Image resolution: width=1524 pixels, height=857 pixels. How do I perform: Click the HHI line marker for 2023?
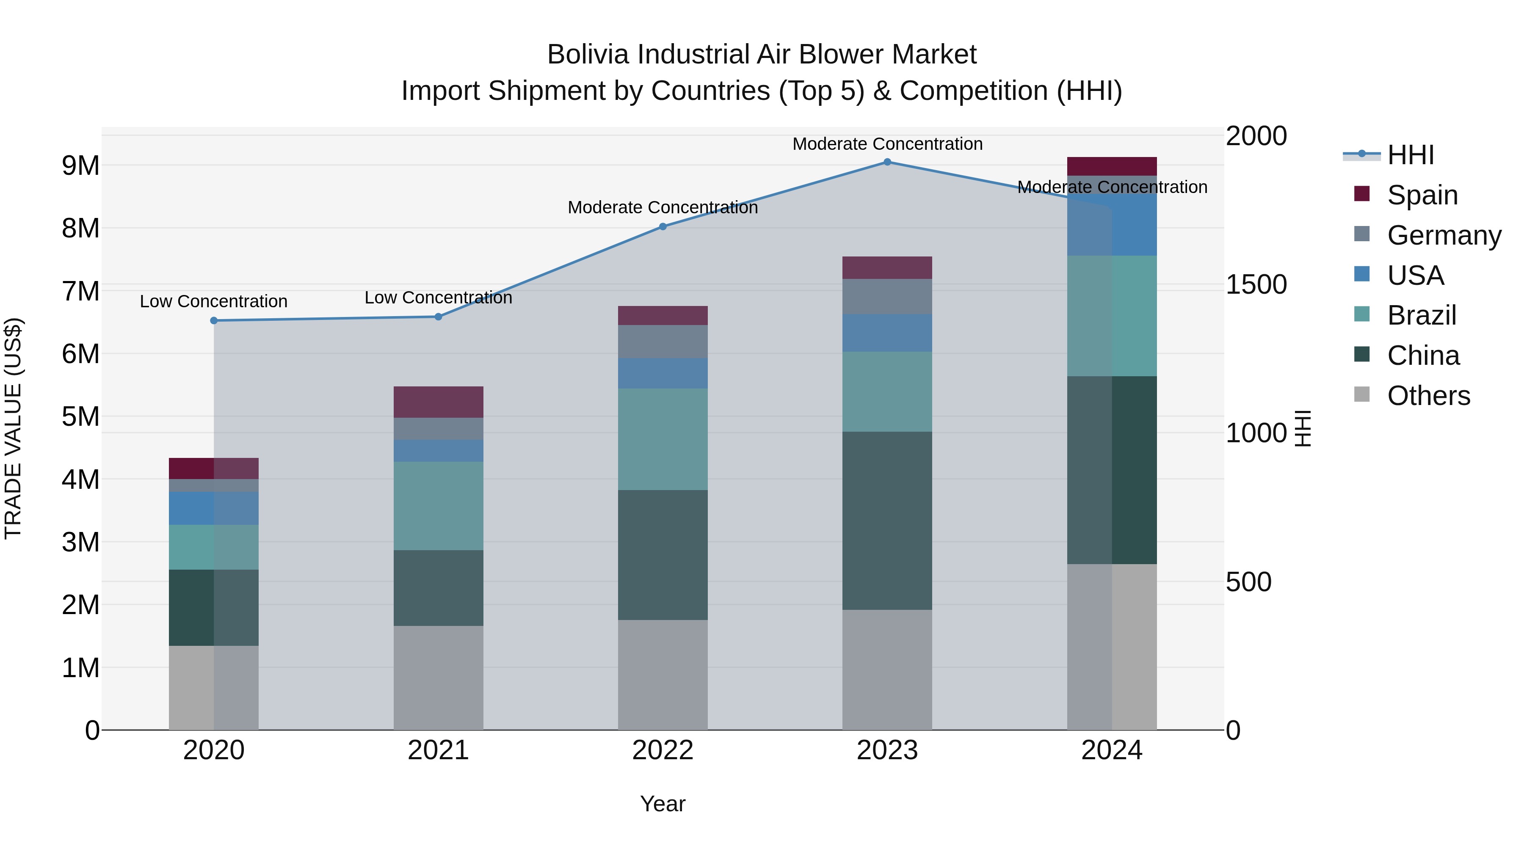click(887, 162)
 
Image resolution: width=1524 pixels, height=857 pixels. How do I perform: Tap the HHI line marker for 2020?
click(214, 320)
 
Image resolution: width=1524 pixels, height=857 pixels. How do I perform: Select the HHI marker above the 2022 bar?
click(663, 226)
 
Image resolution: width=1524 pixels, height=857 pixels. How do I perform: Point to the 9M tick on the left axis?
click(81, 165)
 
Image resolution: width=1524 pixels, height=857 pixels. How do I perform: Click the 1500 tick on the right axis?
click(1256, 284)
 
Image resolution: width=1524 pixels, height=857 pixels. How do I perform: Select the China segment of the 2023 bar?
click(887, 521)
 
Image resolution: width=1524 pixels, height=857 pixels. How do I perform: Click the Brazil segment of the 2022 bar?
click(663, 439)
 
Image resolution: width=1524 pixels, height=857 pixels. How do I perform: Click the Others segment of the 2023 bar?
click(887, 670)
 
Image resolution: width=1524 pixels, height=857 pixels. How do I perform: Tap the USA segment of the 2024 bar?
click(1112, 225)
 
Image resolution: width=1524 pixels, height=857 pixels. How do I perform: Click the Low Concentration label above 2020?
click(214, 302)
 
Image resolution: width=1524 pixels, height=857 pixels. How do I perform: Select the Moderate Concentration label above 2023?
click(887, 144)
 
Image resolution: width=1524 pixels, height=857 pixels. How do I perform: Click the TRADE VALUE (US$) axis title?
click(13, 428)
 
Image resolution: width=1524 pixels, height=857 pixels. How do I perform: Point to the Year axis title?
click(663, 804)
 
